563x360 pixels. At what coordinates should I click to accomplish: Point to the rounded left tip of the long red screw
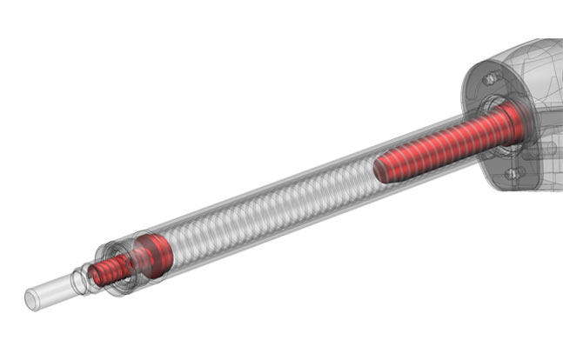tap(379, 170)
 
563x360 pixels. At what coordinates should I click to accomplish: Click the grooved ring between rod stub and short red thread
tap(82, 280)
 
